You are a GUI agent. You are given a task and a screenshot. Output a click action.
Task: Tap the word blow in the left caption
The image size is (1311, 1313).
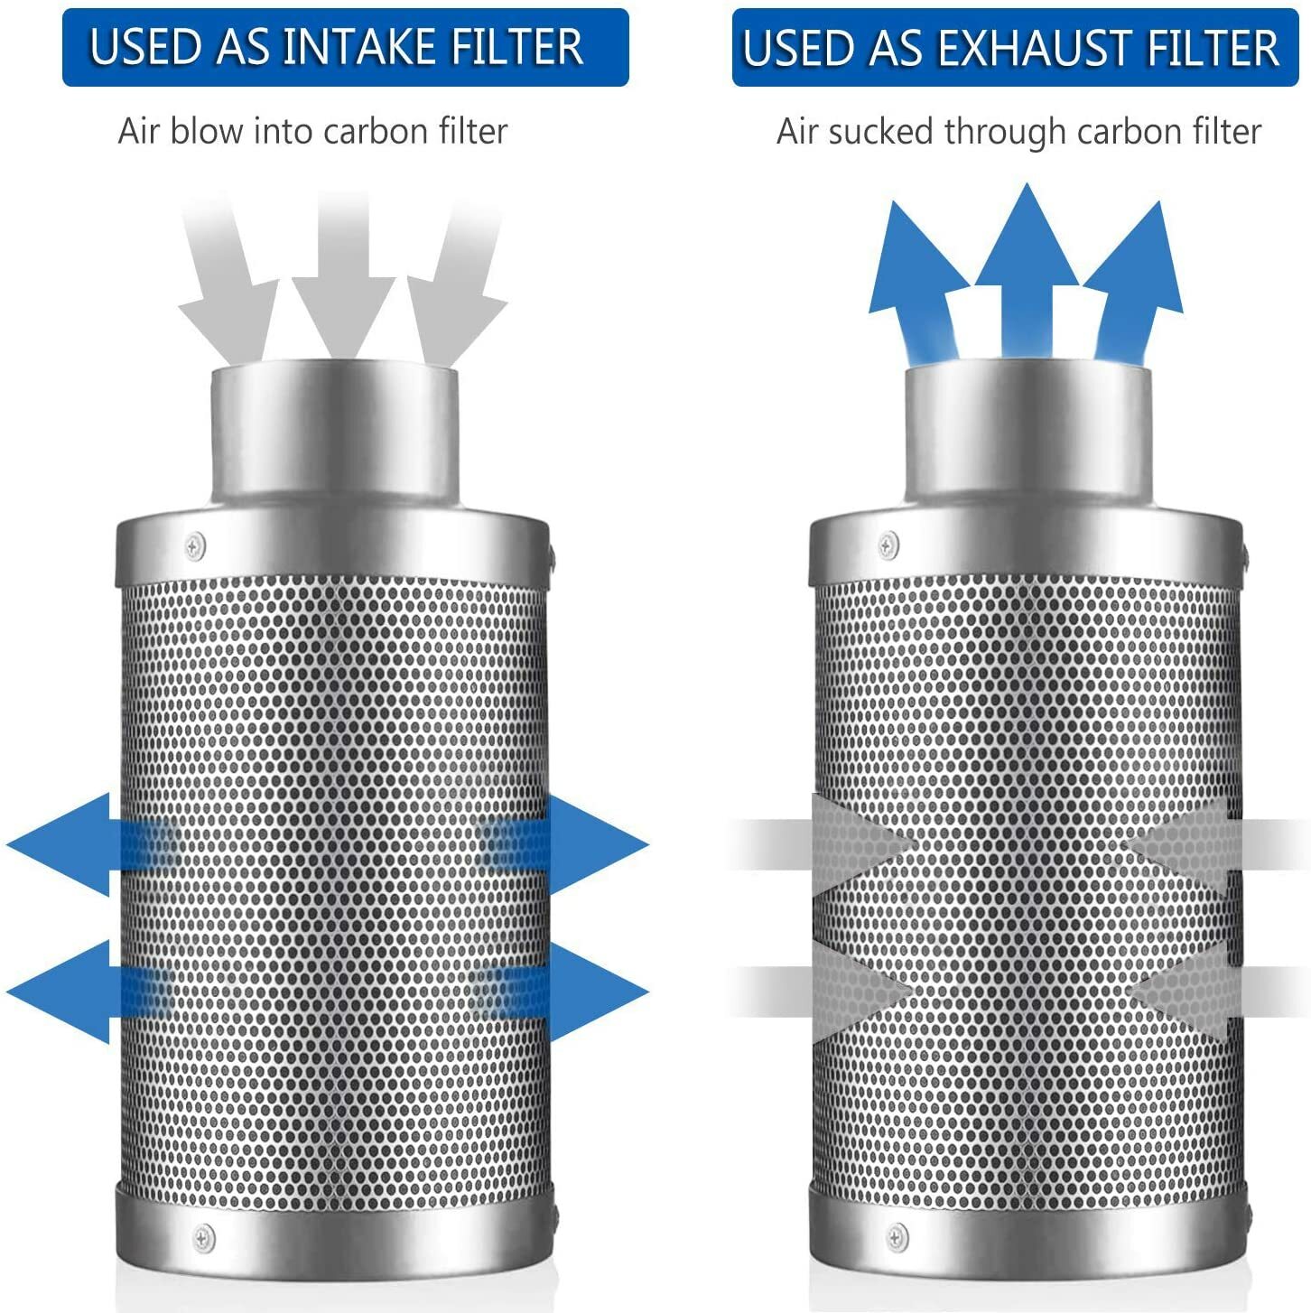[206, 132]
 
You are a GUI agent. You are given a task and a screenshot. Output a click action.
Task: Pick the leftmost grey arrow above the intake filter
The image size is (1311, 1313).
[226, 289]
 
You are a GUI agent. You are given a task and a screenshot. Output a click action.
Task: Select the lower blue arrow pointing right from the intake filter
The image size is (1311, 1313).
[587, 992]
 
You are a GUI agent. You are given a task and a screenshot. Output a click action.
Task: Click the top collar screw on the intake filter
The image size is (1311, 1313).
[194, 545]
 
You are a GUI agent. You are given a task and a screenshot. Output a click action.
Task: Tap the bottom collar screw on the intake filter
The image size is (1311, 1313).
[205, 1235]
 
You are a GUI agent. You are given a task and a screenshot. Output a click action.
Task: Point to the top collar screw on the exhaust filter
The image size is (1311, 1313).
[888, 545]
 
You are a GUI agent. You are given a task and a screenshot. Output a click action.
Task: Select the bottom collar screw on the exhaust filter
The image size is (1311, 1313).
[897, 1235]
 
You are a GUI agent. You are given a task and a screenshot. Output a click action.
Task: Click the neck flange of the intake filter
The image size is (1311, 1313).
[334, 433]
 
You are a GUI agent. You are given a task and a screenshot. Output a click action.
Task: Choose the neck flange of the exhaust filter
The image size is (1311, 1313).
[1028, 433]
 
